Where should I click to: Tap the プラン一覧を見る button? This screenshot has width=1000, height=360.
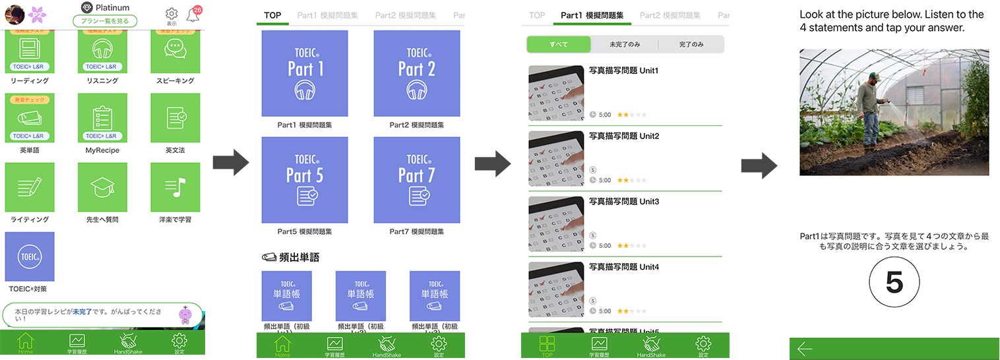(x=105, y=21)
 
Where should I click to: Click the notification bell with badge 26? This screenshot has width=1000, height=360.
(x=193, y=15)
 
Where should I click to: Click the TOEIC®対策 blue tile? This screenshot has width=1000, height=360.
(x=30, y=256)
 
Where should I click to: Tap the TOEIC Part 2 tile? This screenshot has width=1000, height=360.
(x=416, y=74)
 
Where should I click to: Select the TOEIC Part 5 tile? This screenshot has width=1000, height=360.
(x=305, y=180)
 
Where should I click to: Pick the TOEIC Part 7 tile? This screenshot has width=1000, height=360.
(x=416, y=180)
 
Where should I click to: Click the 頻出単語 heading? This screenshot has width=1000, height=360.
(x=291, y=257)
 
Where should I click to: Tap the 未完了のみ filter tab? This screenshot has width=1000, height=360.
(x=624, y=44)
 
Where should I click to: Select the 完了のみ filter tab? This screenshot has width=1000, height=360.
(x=691, y=44)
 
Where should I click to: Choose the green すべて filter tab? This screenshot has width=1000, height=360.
(x=558, y=44)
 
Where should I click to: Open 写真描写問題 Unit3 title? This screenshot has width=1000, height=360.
(x=623, y=202)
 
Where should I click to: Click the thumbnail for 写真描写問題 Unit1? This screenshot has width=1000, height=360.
(x=556, y=93)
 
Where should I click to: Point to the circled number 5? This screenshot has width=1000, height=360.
(x=894, y=283)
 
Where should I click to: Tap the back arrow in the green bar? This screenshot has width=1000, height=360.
(x=805, y=349)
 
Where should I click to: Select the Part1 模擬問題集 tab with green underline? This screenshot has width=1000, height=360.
(x=592, y=15)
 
